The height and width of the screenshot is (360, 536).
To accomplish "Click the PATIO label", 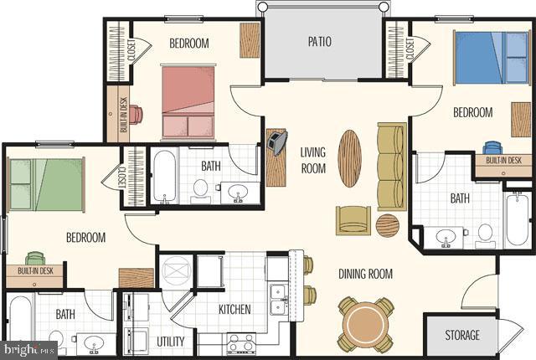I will tap(319, 40).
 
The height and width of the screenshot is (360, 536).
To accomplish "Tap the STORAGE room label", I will tap(462, 336).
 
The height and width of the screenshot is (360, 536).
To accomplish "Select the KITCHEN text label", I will tap(234, 310).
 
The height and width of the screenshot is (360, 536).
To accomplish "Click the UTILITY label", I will tap(170, 341).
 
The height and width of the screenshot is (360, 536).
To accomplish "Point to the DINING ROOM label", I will tap(365, 274).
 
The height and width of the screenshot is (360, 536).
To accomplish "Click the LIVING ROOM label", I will tap(312, 159).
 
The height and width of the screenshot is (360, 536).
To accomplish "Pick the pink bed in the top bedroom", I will tap(188, 102).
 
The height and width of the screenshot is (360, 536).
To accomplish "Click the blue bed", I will tap(492, 57).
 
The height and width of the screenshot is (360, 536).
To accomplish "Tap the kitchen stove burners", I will tap(241, 342).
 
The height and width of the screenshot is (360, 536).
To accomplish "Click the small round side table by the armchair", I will tap(387, 225).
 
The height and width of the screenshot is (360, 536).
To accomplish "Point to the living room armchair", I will tap(353, 219).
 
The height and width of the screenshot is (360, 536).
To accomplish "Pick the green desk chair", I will tap(35, 259).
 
